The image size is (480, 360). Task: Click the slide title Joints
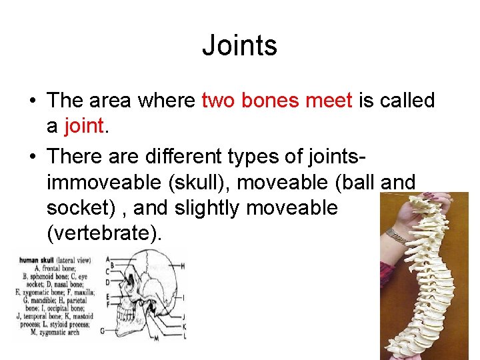coord(239,46)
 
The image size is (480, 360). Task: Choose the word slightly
coord(206,207)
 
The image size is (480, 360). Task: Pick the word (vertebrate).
coord(104,234)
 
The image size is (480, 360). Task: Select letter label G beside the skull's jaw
coord(102,331)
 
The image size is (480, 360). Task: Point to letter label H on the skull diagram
coord(183,267)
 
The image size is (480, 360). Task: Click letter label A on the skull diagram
coord(108,258)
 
